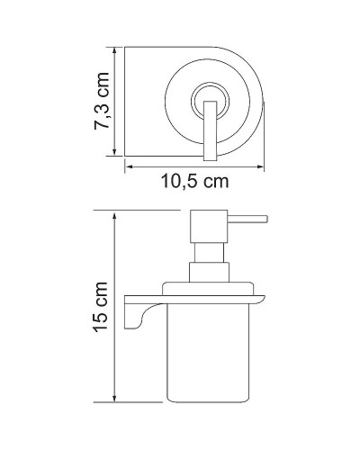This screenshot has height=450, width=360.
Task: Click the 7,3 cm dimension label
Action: tap(103, 102)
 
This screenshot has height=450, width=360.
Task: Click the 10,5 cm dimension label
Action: tap(187, 182)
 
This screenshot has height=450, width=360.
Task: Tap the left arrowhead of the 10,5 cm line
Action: tap(127, 166)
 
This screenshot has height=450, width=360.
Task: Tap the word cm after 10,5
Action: tap(212, 182)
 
